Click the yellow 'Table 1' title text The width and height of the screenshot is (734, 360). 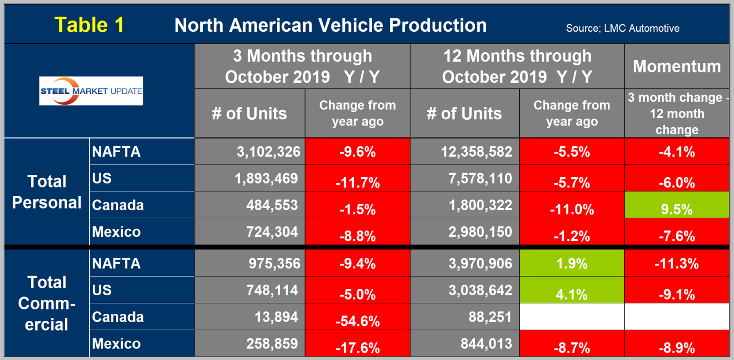tap(89, 25)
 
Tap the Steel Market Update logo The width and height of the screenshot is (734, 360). tap(91, 91)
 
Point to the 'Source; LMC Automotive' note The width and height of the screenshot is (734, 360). tap(622, 29)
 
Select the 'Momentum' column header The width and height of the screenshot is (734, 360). tap(677, 66)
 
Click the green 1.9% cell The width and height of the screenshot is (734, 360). tap(572, 263)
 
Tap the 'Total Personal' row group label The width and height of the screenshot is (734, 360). tap(47, 192)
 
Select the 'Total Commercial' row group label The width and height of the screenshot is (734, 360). tap(47, 303)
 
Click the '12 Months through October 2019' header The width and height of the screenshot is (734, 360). tap(517, 66)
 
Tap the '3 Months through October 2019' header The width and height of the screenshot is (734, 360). tap(302, 66)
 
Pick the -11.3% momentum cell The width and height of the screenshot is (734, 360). tap(677, 263)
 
